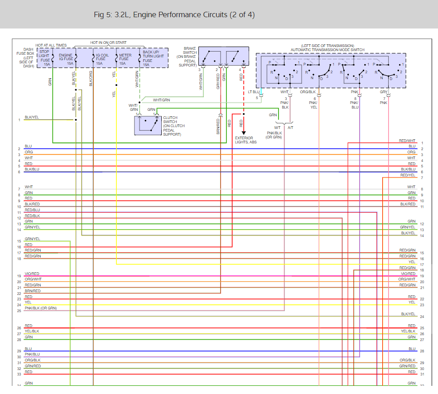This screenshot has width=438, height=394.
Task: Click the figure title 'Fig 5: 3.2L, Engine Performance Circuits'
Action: pyautogui.click(x=174, y=15)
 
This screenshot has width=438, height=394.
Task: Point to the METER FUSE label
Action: pyautogui.click(x=124, y=58)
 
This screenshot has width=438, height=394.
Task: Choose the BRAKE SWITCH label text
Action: pyautogui.click(x=187, y=57)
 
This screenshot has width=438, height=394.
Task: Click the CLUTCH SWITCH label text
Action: pyautogui.click(x=172, y=126)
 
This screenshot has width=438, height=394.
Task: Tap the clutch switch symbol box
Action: pyautogui.click(x=148, y=125)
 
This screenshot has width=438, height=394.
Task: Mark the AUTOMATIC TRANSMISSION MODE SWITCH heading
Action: pyautogui.click(x=327, y=50)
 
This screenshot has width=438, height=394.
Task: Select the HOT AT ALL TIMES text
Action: pyautogui.click(x=51, y=45)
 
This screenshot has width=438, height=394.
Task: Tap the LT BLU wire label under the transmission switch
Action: pyautogui.click(x=254, y=92)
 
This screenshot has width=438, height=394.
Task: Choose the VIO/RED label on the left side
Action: pyautogui.click(x=32, y=274)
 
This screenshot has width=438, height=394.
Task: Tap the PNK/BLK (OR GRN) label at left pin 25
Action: pyautogui.click(x=41, y=309)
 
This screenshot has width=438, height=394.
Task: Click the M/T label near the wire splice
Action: pyautogui.click(x=277, y=128)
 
